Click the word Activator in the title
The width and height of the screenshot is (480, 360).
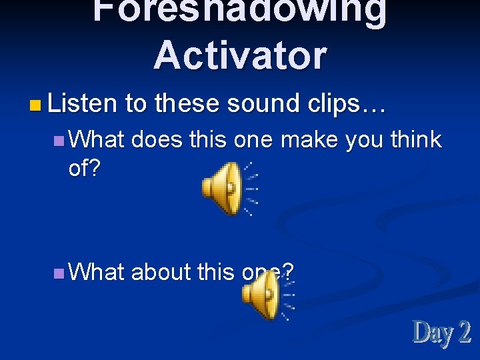coord(240,55)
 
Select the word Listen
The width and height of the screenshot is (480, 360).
coord(82,103)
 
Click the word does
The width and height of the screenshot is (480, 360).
coord(157,139)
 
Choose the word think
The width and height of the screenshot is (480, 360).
coord(416,139)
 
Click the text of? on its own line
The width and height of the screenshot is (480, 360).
coord(84,169)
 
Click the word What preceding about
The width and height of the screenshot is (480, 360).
coord(97,272)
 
